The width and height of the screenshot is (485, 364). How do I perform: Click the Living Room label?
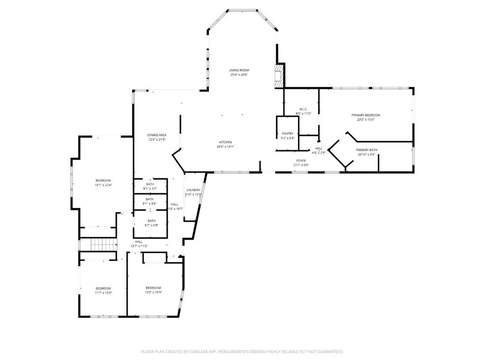(239, 70)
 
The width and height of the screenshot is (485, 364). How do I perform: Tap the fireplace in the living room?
(279, 75)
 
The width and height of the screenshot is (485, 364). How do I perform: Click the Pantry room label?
(287, 134)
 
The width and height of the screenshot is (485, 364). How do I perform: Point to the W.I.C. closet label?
(304, 109)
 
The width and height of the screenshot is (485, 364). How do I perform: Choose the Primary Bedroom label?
(366, 115)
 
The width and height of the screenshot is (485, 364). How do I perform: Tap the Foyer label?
(301, 161)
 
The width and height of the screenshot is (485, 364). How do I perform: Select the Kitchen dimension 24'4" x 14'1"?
(225, 146)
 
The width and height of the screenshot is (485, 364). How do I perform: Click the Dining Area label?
(157, 135)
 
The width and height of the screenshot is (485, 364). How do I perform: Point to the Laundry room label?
(193, 190)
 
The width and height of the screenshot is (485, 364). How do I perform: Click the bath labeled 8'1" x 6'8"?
(152, 225)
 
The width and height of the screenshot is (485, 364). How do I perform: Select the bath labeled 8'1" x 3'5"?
(150, 188)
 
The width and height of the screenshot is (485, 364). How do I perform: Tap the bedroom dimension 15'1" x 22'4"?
(103, 185)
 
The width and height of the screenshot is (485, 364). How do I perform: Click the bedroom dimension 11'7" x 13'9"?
(103, 293)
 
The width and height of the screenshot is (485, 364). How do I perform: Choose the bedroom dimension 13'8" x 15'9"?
(153, 292)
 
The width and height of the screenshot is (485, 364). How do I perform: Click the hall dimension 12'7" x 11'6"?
(139, 246)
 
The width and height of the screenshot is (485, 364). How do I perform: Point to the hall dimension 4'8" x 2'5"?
(319, 153)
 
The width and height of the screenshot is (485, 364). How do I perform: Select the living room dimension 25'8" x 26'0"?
(239, 75)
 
